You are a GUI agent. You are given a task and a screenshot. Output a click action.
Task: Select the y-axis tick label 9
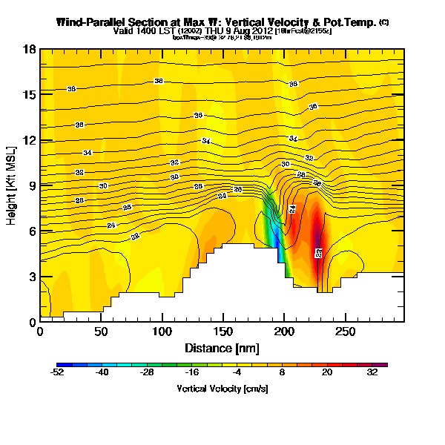[x=33, y=185]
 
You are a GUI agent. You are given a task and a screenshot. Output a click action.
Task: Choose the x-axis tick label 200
[x=283, y=332]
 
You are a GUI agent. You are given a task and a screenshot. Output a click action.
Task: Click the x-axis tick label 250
[x=344, y=332]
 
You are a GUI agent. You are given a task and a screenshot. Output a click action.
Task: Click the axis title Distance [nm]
[x=222, y=348]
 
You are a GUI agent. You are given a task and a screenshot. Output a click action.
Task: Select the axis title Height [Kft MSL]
[x=13, y=186]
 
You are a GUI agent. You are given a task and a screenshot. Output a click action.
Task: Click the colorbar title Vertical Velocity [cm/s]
[x=222, y=389]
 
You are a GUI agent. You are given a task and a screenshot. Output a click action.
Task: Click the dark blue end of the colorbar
[x=60, y=364]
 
